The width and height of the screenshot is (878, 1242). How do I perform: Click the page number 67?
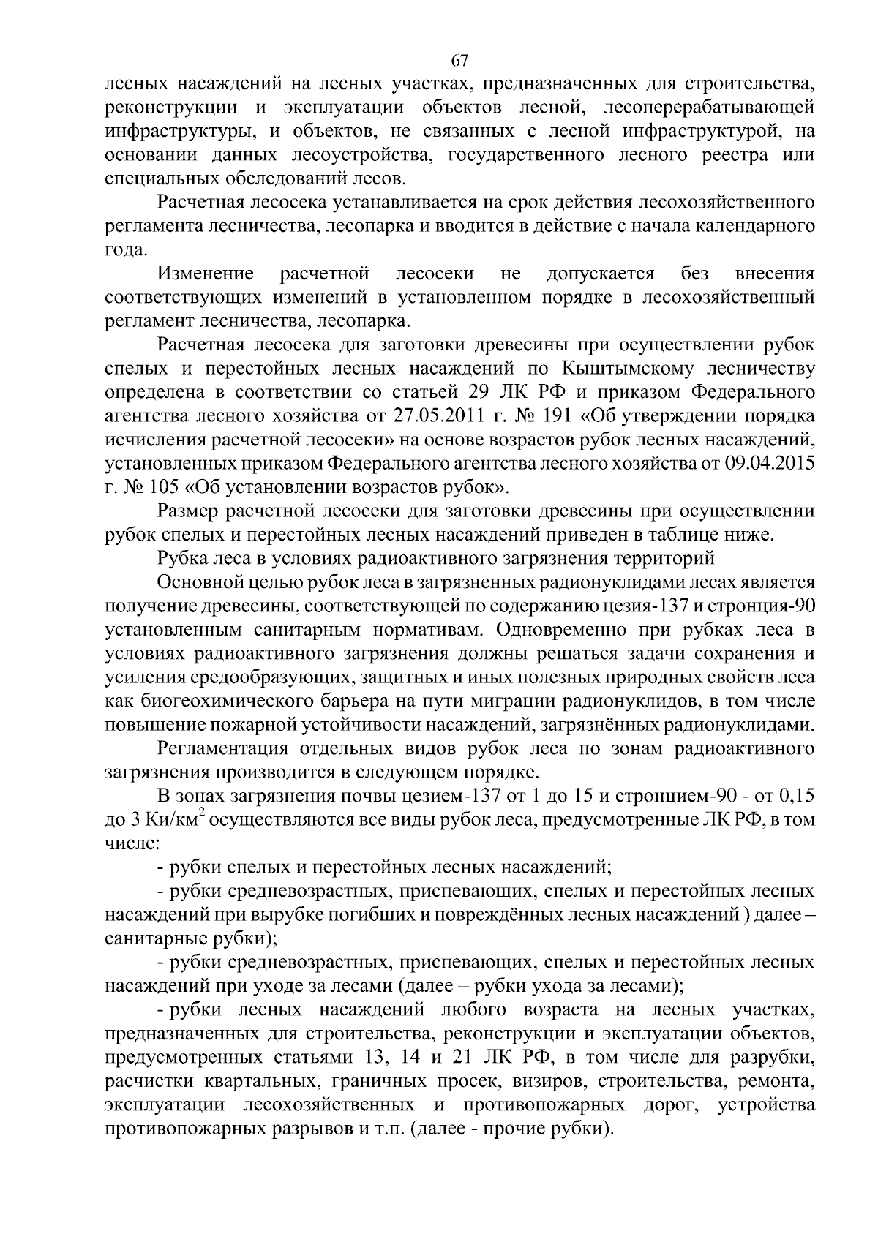459,61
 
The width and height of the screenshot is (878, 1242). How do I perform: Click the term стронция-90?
756,606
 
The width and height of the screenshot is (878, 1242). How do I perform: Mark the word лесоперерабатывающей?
709,108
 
